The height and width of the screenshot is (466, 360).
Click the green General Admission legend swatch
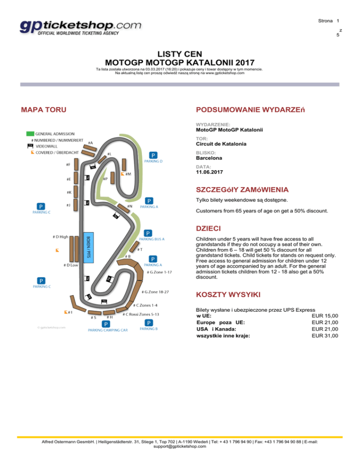tap(30, 133)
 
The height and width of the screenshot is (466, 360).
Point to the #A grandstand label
tap(90, 143)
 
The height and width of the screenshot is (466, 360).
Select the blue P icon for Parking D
tap(153, 155)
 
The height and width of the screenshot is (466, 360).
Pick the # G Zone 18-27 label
tap(155, 292)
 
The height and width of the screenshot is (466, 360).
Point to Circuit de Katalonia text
tap(221, 144)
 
